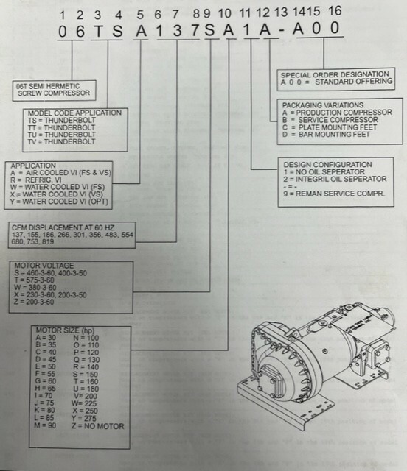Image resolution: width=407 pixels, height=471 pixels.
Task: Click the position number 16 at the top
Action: (x=335, y=11)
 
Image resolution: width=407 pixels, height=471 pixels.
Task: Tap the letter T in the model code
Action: (x=98, y=31)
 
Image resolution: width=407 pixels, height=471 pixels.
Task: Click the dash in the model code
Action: (x=282, y=31)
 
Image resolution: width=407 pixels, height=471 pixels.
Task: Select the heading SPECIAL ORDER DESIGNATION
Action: (x=335, y=74)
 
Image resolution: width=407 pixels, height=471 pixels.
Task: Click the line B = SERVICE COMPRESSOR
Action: (x=330, y=120)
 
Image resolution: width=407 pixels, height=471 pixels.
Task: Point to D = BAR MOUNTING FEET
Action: (x=326, y=134)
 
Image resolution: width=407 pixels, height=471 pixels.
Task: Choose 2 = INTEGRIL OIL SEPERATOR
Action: (x=335, y=179)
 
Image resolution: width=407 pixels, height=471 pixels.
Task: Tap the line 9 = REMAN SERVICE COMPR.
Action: (x=334, y=194)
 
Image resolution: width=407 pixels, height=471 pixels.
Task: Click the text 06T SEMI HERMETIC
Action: (x=48, y=87)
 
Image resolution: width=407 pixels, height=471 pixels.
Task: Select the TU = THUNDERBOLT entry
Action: (x=62, y=135)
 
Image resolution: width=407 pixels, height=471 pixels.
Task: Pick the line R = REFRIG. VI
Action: (x=36, y=180)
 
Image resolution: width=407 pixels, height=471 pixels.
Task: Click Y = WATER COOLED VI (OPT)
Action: (x=59, y=202)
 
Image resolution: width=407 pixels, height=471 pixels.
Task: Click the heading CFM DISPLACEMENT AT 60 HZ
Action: (x=63, y=227)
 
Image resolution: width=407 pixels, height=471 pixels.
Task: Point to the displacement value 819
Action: (x=48, y=242)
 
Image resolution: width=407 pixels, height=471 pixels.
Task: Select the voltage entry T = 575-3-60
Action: (x=34, y=280)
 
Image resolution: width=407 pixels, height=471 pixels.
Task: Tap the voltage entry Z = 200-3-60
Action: (x=34, y=302)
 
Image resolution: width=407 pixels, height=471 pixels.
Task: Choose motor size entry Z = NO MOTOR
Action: (x=98, y=426)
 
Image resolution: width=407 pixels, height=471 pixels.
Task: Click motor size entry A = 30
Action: (x=46, y=338)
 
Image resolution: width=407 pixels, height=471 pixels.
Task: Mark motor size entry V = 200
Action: (x=86, y=396)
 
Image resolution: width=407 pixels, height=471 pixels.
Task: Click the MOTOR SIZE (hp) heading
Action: (x=66, y=330)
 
